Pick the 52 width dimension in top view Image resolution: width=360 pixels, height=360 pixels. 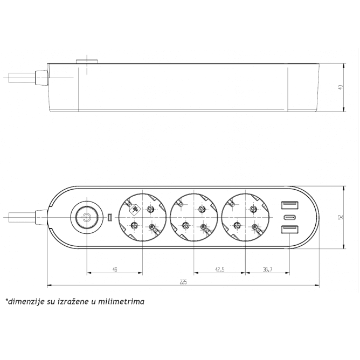(340, 218)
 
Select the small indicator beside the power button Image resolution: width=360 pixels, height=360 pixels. (109, 218)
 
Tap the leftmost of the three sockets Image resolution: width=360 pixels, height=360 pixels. (142, 218)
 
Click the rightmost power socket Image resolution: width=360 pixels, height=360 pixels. (244, 218)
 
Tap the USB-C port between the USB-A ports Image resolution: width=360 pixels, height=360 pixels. (288, 218)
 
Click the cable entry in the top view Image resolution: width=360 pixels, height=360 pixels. (40, 218)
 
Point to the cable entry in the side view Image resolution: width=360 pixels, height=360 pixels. (40, 78)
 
